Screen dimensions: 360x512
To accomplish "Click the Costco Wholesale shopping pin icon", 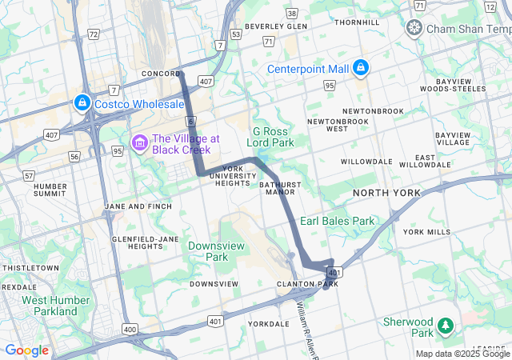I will point(82,102).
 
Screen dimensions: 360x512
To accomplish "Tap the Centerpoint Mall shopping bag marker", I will point(361,67).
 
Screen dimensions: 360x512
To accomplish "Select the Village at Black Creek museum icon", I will point(140,143).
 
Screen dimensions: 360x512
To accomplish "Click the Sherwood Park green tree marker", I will point(444,326).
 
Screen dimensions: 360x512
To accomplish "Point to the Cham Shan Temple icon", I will point(414,29).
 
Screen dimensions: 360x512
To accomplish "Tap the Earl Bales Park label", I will point(337,221).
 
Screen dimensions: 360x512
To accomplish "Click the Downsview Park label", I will point(208,251).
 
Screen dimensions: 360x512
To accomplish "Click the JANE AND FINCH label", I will point(138,206).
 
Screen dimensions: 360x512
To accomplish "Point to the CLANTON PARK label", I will point(302,284).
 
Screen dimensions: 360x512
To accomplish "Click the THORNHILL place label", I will point(358,22).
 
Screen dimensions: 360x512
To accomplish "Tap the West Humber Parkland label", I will point(50,306).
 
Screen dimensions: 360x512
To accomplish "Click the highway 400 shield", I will point(130,329).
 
